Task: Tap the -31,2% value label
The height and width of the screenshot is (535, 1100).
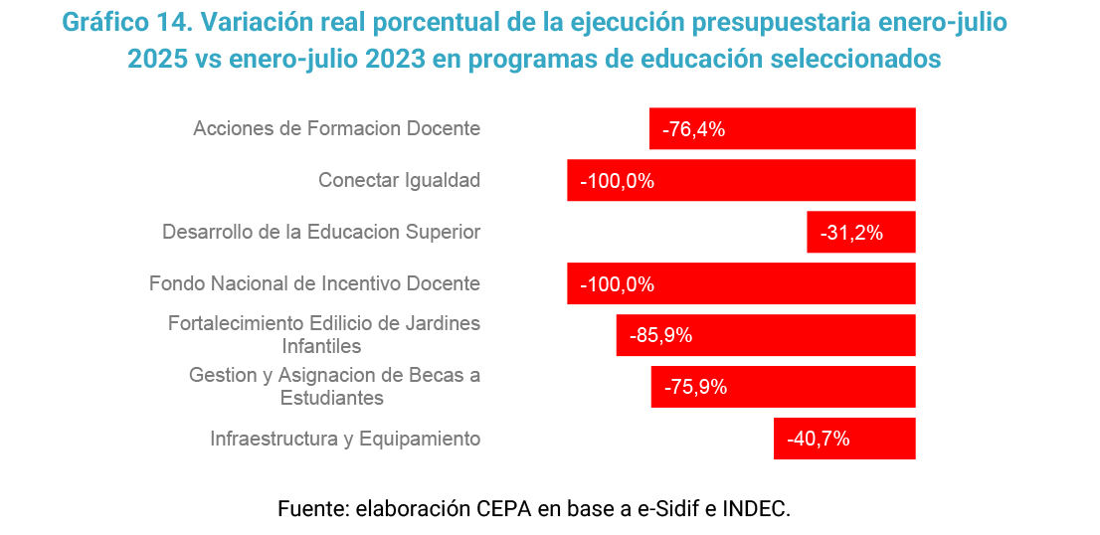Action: (x=851, y=234)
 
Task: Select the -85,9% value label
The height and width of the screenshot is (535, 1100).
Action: (x=660, y=336)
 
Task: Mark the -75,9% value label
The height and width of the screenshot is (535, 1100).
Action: (x=695, y=388)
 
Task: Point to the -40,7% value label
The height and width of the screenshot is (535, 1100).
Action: (x=818, y=440)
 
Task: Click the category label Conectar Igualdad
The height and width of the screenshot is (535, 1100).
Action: (x=399, y=181)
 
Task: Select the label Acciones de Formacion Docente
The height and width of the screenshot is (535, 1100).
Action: (x=336, y=129)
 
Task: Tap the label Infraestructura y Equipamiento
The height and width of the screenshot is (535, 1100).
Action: (x=345, y=440)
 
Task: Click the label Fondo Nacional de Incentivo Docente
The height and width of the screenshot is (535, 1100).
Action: (x=314, y=284)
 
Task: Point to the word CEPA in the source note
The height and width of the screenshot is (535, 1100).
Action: (x=504, y=509)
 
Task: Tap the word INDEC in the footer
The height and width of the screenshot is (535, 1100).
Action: (x=755, y=509)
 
